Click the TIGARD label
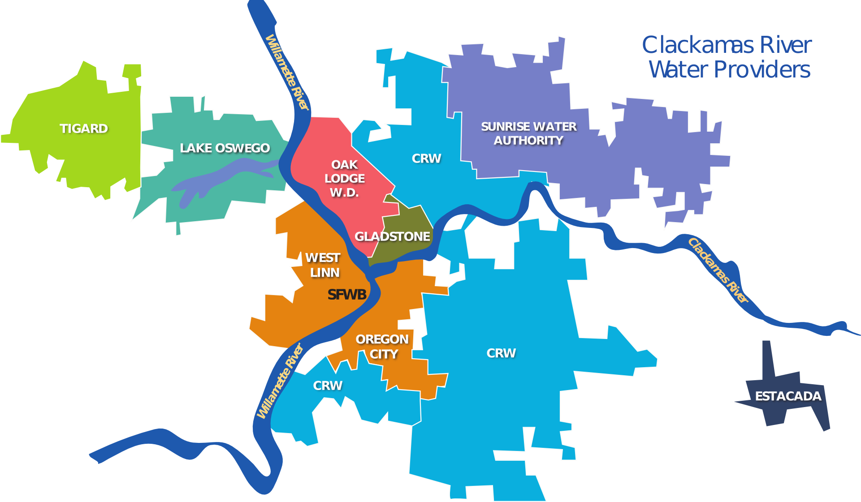(x=84, y=129)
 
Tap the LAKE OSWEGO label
(x=225, y=148)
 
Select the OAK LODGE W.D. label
(x=344, y=178)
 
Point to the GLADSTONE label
(x=392, y=236)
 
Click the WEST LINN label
(x=323, y=265)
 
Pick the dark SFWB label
(x=347, y=295)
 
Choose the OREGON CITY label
(x=382, y=347)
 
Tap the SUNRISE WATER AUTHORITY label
(x=528, y=133)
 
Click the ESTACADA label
(x=788, y=396)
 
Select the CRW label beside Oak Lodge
(x=426, y=159)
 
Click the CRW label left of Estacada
(x=501, y=353)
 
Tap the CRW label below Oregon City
(x=328, y=386)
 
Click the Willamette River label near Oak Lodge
(x=287, y=72)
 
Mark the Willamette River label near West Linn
(x=280, y=381)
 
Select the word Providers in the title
(x=762, y=70)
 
